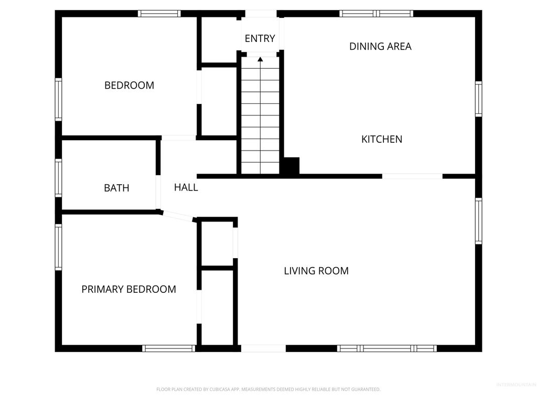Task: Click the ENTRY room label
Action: click(260, 38)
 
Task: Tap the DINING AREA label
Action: click(380, 46)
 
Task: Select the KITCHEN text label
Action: click(382, 139)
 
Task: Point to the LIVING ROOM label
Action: click(316, 271)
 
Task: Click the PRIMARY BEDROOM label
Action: click(128, 289)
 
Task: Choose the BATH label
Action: click(116, 188)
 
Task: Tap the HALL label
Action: click(186, 187)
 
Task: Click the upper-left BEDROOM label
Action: click(129, 85)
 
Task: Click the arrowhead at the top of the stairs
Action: click(260, 59)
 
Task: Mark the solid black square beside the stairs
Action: click(290, 166)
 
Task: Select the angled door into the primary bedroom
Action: click(178, 216)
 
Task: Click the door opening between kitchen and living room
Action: click(412, 176)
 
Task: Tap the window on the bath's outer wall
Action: click(58, 178)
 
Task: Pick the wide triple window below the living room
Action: click(387, 348)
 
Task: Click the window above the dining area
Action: click(376, 14)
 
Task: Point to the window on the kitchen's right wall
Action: click(478, 99)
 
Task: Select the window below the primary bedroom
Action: click(169, 348)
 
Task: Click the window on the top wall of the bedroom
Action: click(159, 14)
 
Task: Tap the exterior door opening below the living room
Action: click(263, 348)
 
